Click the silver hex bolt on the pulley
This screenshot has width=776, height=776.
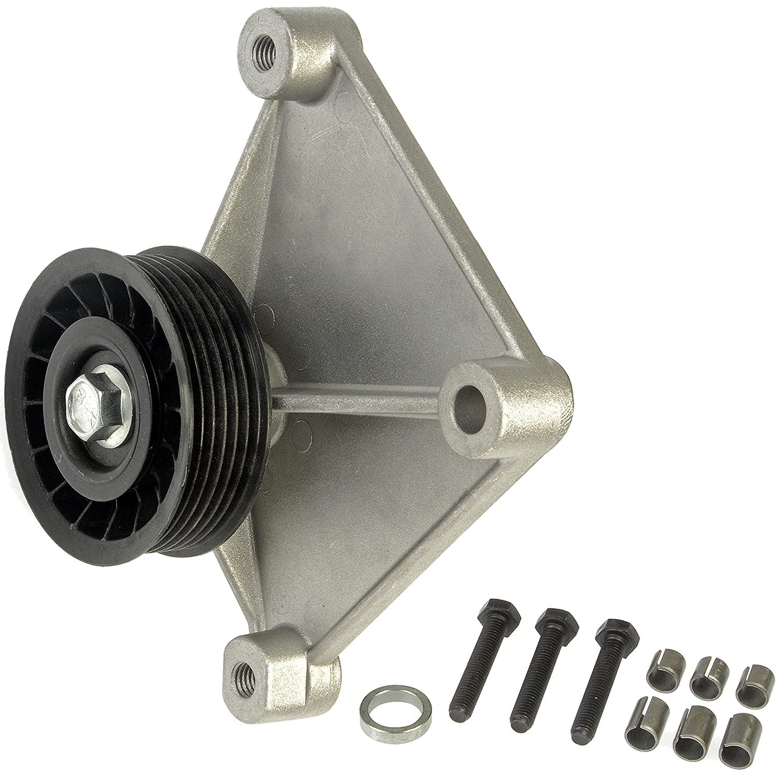pyautogui.click(x=95, y=397)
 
